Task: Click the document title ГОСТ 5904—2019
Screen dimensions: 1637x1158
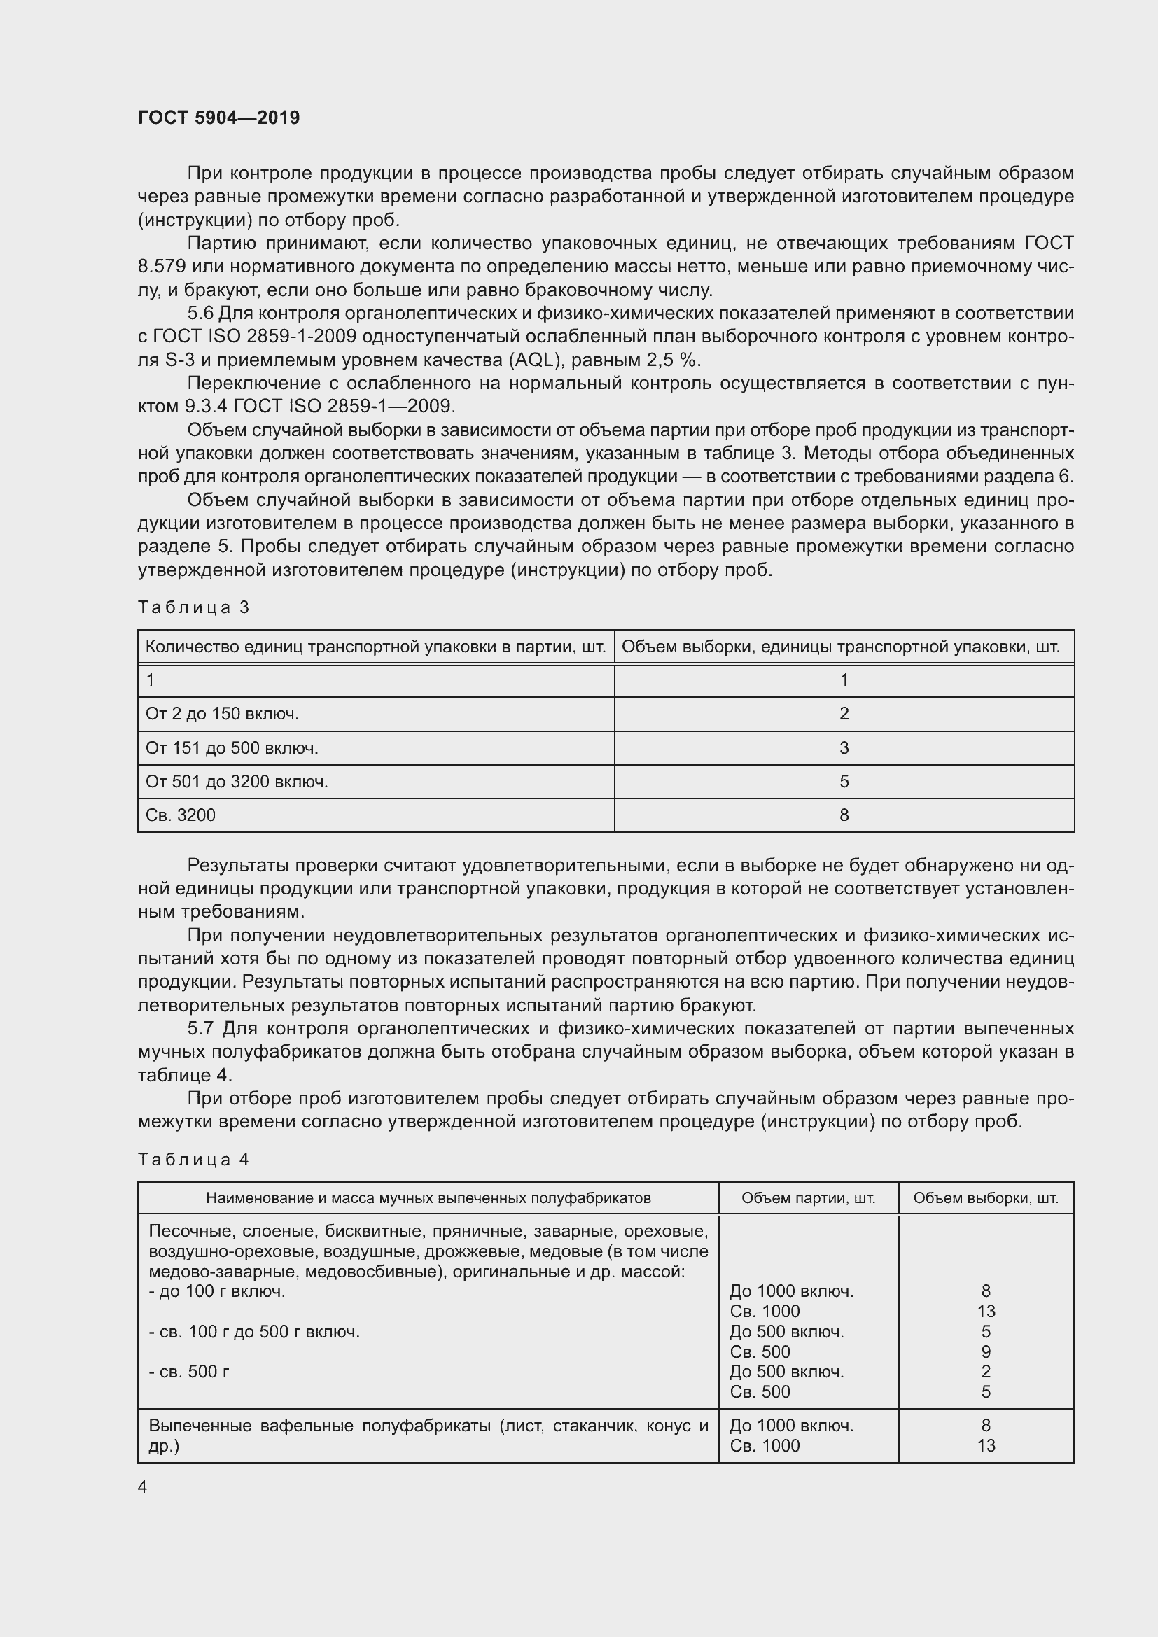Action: (219, 118)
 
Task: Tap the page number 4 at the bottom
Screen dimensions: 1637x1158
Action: (143, 1487)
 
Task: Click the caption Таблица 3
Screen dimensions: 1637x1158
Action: (193, 607)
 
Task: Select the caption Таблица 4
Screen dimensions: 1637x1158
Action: (193, 1159)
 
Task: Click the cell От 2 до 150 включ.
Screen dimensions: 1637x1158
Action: (222, 714)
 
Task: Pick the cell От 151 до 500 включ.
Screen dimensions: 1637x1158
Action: (232, 748)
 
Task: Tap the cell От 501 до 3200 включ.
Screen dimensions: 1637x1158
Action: (237, 782)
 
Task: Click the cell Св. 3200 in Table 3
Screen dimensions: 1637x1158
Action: (181, 815)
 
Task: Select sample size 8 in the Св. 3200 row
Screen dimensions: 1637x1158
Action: (844, 815)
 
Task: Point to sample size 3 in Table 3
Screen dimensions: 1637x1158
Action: (844, 748)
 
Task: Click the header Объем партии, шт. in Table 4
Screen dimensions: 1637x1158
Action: (808, 1197)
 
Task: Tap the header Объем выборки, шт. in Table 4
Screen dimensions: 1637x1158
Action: (986, 1197)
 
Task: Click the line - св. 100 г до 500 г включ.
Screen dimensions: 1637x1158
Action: (254, 1332)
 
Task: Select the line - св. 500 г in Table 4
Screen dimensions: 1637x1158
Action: (189, 1372)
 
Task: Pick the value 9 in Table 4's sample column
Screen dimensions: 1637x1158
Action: (986, 1352)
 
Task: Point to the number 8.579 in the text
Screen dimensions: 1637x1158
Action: (162, 267)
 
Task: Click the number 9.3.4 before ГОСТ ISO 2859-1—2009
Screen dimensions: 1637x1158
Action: (206, 407)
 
